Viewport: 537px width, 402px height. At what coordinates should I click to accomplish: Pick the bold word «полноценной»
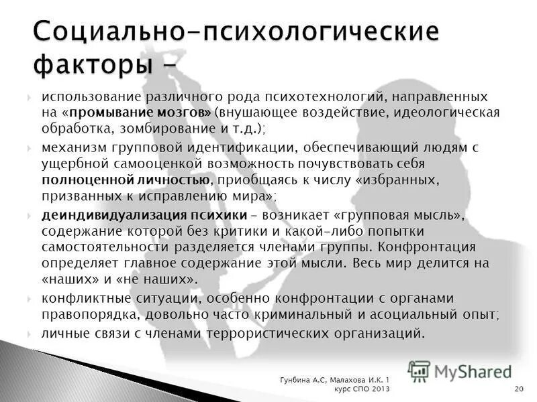point(83,180)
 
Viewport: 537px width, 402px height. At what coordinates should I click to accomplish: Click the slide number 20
point(519,390)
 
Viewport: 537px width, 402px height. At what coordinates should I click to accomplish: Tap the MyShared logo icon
point(420,371)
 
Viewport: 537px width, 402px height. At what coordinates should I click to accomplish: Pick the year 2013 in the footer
point(379,390)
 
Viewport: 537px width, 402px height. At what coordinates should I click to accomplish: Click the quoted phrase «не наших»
point(170,278)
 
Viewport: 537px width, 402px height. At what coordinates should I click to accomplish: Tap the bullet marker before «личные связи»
point(30,333)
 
